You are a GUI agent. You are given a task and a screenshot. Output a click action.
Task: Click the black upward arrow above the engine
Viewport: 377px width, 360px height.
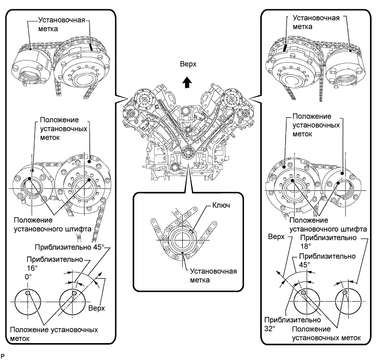tap(187, 82)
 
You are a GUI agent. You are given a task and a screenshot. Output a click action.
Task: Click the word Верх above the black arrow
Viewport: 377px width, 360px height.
tap(187, 64)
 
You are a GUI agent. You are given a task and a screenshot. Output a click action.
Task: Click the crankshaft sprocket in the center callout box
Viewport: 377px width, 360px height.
tap(180, 238)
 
